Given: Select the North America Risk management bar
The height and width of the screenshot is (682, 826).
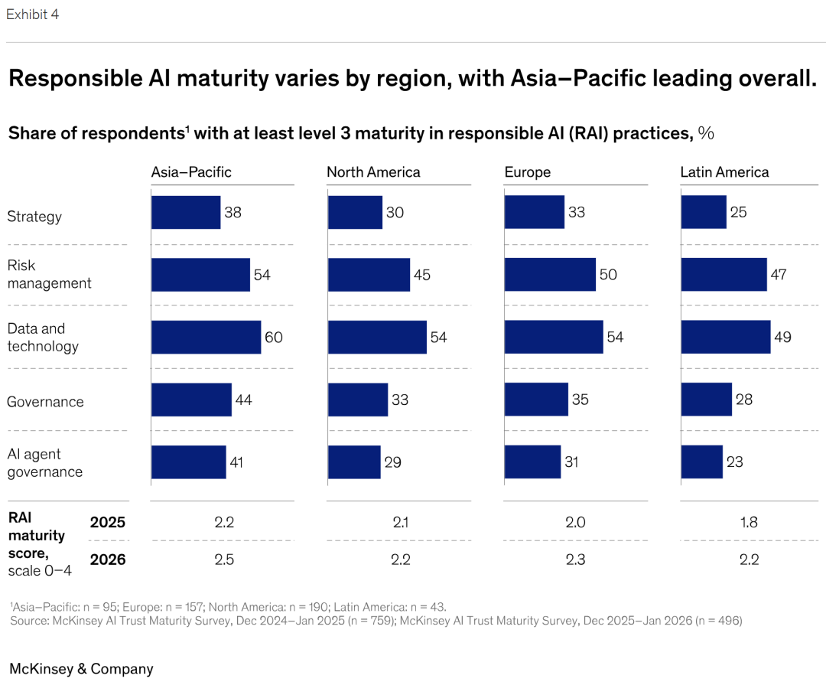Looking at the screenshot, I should coord(369,275).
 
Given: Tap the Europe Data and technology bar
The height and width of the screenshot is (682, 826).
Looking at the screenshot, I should coord(553,338).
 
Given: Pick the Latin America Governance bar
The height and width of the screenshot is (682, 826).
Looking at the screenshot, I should coord(706,400).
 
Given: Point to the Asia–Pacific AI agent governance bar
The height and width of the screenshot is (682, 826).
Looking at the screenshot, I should coord(188,462).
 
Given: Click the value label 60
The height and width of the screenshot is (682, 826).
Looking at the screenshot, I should coord(274,338).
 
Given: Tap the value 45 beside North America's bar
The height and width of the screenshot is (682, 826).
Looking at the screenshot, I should coord(422,275).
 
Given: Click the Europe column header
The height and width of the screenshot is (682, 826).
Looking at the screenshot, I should coord(528,172).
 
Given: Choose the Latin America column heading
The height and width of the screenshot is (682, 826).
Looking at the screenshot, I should coord(724,172).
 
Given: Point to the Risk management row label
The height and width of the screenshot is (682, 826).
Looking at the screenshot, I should coord(49,274).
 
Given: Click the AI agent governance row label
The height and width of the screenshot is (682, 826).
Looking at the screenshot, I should coord(44,462).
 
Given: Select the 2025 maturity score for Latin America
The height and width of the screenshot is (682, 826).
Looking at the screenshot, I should coord(749,523).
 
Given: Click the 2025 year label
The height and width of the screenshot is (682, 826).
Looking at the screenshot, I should coord(108,523).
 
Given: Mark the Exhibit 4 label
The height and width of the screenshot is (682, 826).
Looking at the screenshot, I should coord(32,15).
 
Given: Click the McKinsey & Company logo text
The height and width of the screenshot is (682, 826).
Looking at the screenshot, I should coord(81,669).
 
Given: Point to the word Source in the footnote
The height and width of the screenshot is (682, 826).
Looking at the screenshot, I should coord(29,621).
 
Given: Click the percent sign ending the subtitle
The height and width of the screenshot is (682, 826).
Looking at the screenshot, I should coord(706,133).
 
